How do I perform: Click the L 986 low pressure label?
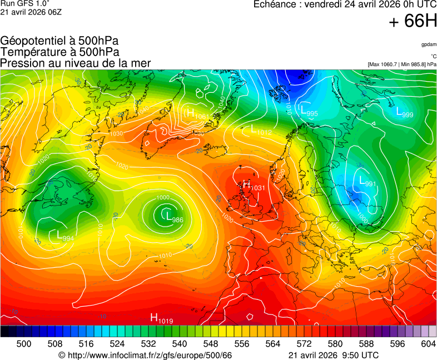click(174, 217)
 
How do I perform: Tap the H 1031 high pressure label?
click(254, 186)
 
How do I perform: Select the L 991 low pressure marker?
click(367, 182)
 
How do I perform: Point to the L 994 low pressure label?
click(65, 236)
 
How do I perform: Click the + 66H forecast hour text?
click(413, 21)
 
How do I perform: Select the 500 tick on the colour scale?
click(24, 344)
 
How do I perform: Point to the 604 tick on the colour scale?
click(428, 344)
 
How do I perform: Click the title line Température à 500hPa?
click(59, 52)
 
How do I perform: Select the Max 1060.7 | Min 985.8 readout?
click(402, 64)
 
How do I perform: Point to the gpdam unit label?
click(429, 44)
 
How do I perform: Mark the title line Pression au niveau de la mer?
click(76, 63)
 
